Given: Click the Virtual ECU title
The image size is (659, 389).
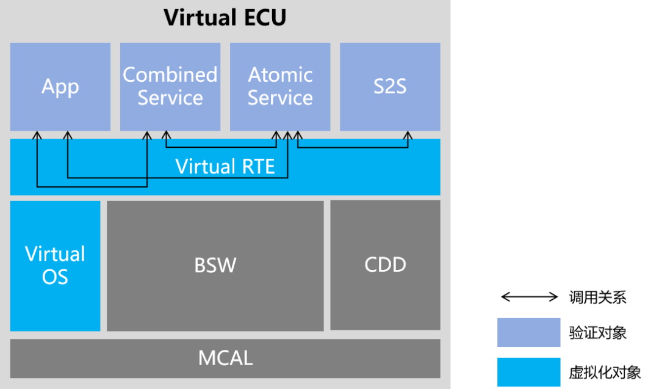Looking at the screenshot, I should (225, 18).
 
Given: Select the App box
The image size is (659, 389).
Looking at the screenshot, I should (60, 87).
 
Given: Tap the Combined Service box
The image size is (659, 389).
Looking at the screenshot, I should (170, 87).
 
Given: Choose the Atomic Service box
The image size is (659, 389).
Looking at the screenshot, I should (280, 87).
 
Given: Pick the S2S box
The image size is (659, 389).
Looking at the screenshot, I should (390, 87).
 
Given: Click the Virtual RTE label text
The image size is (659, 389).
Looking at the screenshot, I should (225, 166).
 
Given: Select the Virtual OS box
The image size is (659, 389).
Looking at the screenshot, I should (55, 266).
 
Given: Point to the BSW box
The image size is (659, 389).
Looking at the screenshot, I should (215, 266).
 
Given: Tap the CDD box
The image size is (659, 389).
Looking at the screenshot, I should (385, 264).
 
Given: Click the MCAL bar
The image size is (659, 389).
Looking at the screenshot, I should (225, 358).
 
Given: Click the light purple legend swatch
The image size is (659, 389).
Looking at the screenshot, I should (528, 332).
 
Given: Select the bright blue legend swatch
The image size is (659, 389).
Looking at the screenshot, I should (528, 372).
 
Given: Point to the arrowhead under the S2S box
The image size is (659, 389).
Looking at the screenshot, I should (408, 135).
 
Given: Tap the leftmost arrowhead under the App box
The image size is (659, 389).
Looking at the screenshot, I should (37, 135).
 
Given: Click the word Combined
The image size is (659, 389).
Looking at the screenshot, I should (170, 75).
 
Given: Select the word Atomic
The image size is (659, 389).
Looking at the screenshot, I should (280, 75).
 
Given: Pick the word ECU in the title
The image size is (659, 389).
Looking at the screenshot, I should (262, 18).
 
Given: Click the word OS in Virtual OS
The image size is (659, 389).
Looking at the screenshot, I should (55, 277).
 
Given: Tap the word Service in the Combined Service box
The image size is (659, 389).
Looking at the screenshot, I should (170, 98).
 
